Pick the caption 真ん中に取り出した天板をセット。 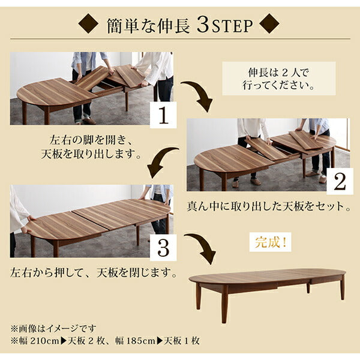click(x=269, y=208)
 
